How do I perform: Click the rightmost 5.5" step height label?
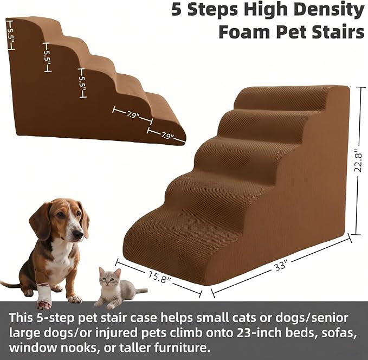pos(82,82)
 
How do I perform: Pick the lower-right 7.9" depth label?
pos(167,136)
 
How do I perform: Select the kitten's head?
pos(111,278)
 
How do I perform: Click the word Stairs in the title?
pos(338,31)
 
